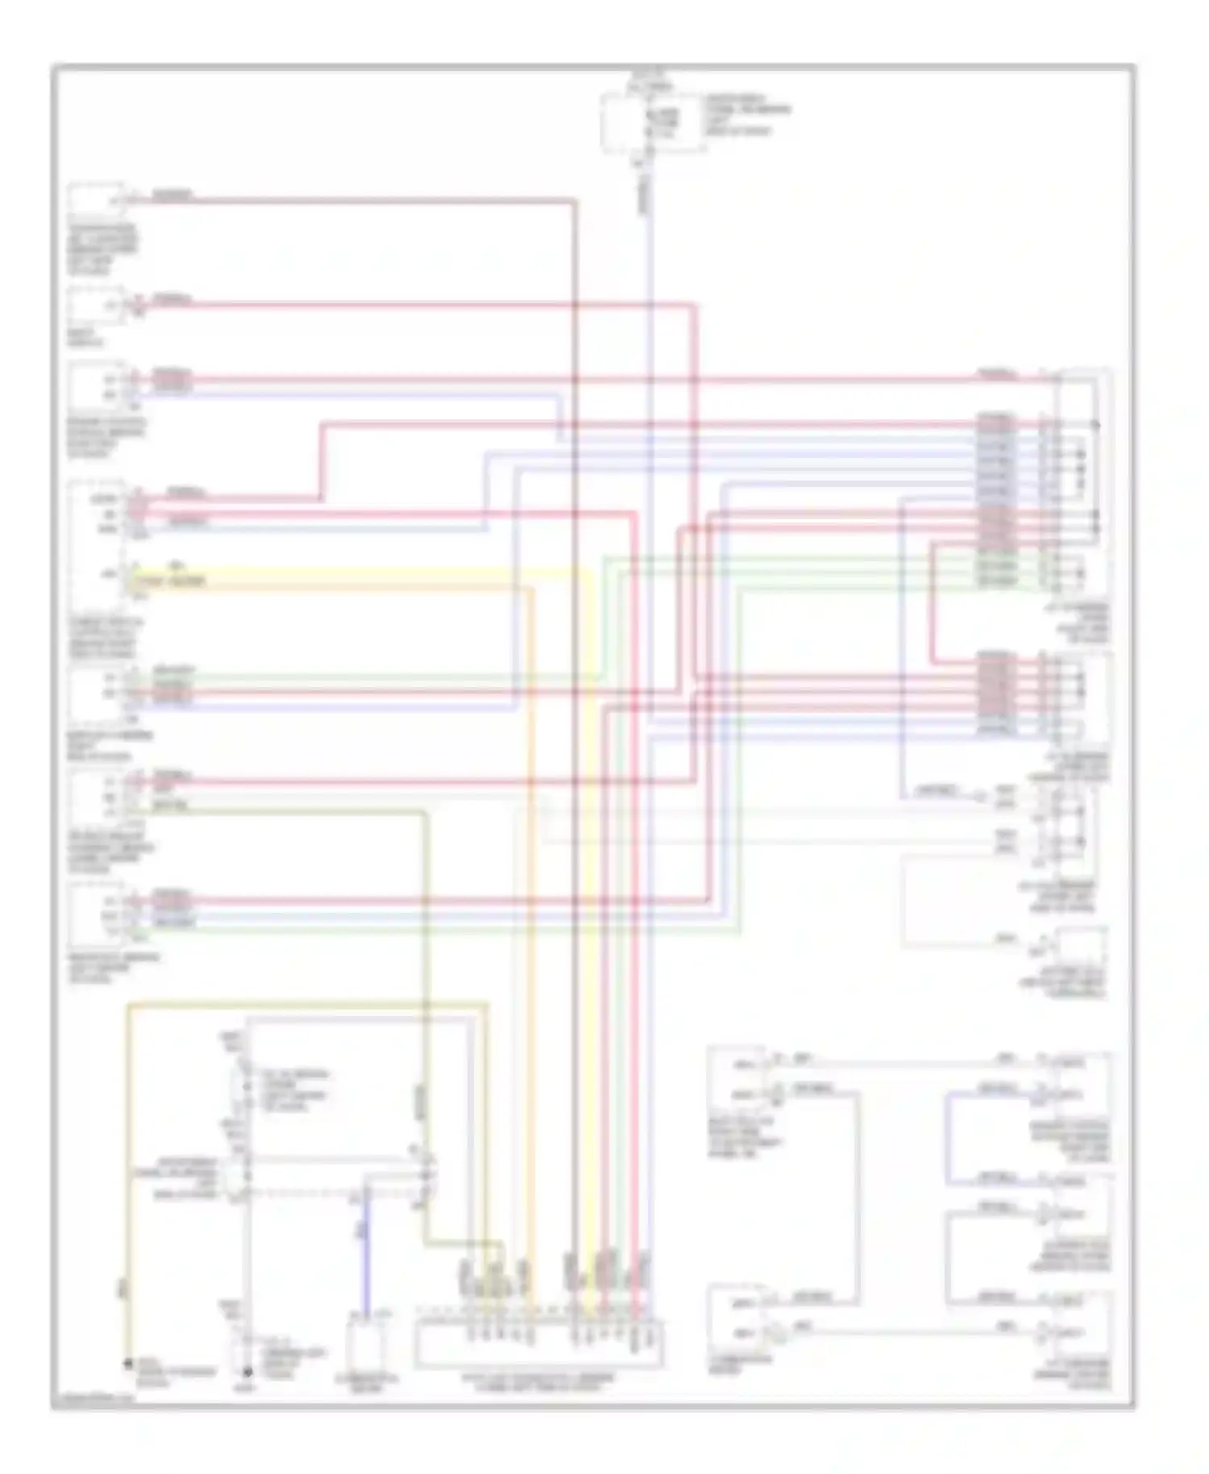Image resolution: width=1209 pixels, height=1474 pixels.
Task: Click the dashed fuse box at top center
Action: (x=653, y=123)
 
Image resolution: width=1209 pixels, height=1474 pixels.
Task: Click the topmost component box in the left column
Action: (x=96, y=200)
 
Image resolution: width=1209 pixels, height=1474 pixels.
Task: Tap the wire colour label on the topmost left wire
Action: (x=171, y=195)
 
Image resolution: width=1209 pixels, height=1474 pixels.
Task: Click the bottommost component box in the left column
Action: (x=95, y=915)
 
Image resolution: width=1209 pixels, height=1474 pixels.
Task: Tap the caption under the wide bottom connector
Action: (x=538, y=1380)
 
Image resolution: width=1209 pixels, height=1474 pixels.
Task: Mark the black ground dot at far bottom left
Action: (x=127, y=1364)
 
